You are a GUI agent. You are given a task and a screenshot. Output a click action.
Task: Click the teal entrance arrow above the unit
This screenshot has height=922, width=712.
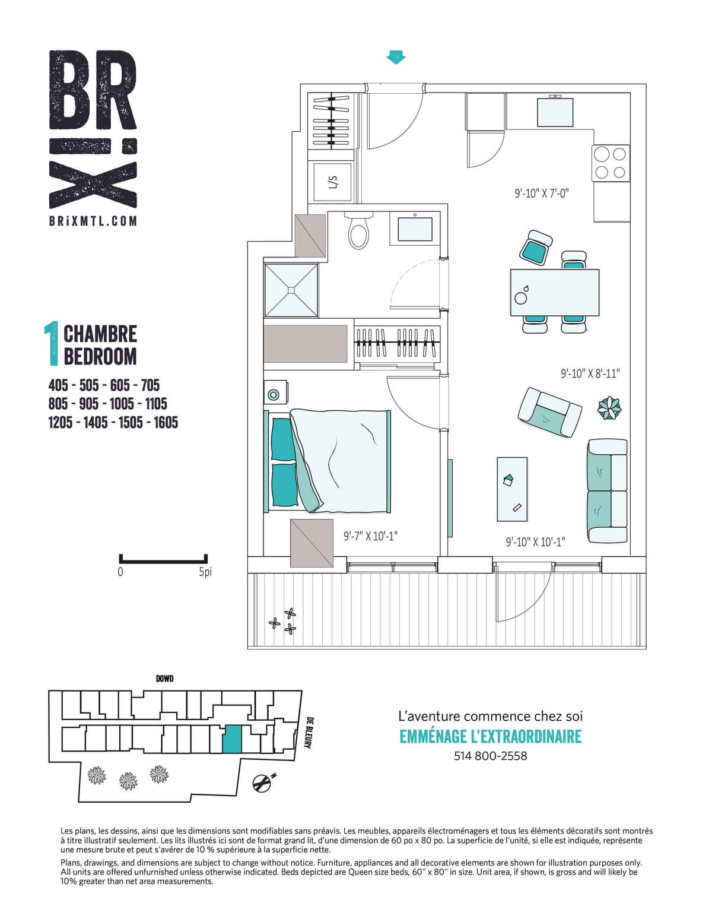(x=396, y=57)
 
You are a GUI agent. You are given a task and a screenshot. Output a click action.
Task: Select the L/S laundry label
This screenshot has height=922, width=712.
(x=333, y=182)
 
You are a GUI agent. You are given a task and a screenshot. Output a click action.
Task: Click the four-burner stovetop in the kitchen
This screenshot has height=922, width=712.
(x=610, y=163)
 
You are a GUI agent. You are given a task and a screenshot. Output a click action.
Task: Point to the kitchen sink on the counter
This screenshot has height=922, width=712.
(x=555, y=112)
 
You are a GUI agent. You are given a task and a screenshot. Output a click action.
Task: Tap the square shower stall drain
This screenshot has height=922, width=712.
(x=291, y=290)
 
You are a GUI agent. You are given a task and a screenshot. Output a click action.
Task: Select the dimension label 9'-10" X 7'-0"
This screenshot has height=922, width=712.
(x=542, y=194)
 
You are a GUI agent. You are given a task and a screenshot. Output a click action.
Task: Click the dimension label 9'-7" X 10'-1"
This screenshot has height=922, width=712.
(x=370, y=536)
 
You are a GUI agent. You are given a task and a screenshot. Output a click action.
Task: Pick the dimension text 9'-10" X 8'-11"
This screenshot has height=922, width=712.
(x=590, y=373)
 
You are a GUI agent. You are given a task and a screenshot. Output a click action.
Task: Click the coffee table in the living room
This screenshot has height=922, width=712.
(x=512, y=489)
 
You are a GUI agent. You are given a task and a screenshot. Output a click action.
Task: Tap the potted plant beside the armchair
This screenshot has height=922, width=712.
(x=609, y=408)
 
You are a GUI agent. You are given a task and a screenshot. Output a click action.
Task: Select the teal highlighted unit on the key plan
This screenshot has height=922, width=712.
(x=232, y=739)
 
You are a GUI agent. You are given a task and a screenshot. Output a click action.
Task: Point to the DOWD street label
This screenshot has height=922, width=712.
(x=164, y=679)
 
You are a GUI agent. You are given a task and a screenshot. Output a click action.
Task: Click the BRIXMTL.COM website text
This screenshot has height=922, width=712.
(x=93, y=221)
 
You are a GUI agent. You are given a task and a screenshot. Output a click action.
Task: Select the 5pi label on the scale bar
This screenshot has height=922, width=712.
(x=205, y=572)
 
